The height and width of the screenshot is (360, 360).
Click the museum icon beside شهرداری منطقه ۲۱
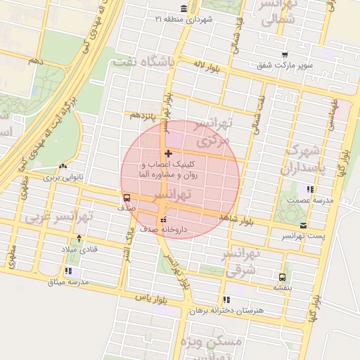184,8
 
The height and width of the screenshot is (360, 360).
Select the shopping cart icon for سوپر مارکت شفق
284,55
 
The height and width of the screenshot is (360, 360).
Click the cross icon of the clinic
167,153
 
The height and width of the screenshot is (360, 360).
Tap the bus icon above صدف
127,198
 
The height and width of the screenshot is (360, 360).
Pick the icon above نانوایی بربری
64,167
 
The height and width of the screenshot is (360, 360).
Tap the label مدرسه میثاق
67,282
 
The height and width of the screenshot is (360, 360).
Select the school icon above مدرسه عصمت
310,189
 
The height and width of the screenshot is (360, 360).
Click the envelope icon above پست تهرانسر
303,226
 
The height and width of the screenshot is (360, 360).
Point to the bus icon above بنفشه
282,277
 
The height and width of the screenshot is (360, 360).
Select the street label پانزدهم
141,115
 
